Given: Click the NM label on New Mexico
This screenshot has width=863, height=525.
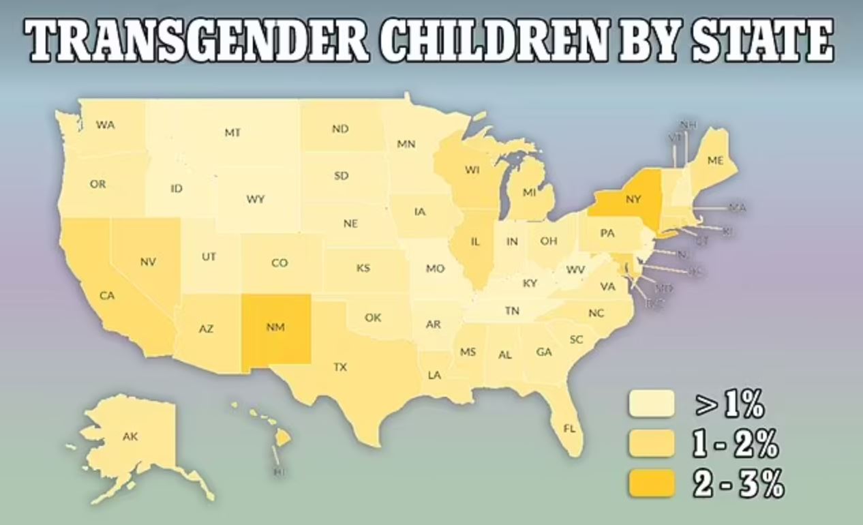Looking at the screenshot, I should tap(275, 327).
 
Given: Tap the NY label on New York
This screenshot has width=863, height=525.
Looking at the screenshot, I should tap(633, 200).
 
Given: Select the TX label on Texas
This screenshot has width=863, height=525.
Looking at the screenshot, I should tap(340, 367).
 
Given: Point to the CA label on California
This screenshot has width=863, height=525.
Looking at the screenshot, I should tap(107, 295).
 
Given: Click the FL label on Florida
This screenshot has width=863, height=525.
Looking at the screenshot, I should tap(569, 428).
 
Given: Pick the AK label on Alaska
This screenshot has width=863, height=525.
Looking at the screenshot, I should tap(130, 436).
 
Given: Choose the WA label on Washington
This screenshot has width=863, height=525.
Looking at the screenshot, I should tap(105, 125).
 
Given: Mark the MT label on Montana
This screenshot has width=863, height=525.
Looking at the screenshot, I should tap(232, 133).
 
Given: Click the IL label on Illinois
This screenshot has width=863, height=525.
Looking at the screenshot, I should tap(475, 241).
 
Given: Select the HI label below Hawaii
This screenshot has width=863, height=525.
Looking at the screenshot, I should tap(278, 472).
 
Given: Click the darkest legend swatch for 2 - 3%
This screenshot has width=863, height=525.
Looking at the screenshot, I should tap(651, 484).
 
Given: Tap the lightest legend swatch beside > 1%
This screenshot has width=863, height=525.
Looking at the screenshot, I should tap(651, 404).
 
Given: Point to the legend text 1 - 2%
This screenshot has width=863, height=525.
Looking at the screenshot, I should tap(736, 445).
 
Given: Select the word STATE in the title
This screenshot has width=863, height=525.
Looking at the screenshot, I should tap(763, 42).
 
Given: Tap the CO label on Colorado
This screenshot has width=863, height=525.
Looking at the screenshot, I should tap(279, 262).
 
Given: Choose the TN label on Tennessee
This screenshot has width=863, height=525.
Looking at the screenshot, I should tap(512, 311).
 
